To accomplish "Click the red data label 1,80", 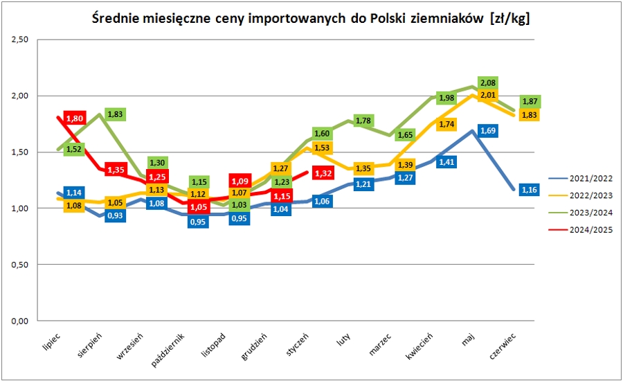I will coord(74,118).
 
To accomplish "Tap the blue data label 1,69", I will coord(489,130).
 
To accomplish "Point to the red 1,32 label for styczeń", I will coord(323,173).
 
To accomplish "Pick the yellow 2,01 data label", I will coord(489,95).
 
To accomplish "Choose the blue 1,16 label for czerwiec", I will coord(530,189).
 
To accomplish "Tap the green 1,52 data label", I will coord(74,148).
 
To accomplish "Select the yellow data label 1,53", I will coord(323,148).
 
